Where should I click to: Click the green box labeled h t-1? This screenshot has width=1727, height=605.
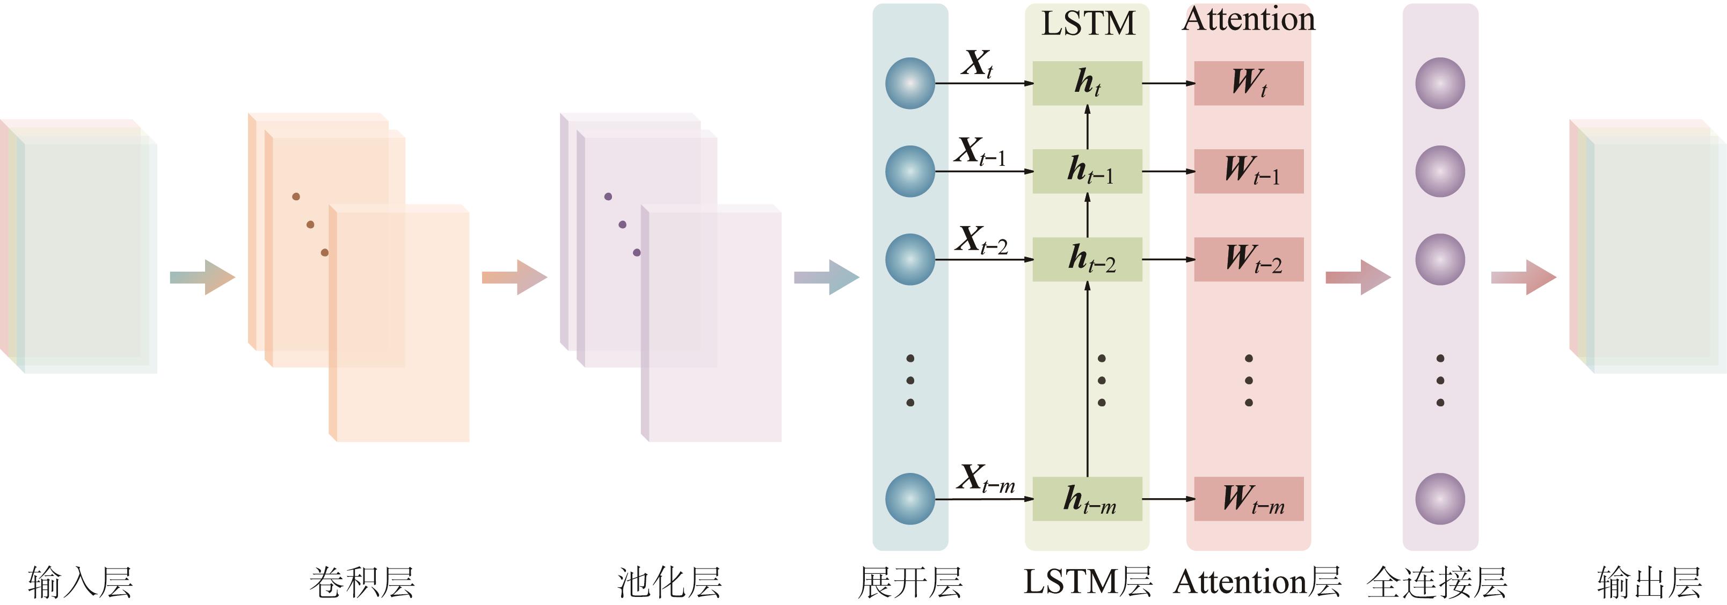point(1087,171)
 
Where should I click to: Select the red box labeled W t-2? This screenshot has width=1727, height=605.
point(1248,259)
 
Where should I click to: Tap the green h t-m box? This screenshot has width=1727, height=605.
point(1087,499)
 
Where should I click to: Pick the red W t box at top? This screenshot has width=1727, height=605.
point(1248,83)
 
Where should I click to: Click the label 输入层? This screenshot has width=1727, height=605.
point(81,581)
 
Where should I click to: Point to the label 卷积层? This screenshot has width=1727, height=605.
point(362,581)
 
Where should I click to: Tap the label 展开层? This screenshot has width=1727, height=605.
point(910,581)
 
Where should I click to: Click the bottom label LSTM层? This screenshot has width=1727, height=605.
point(1088,581)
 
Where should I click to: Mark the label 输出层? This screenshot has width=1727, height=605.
point(1650,581)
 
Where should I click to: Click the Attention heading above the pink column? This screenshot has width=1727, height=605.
point(1248,19)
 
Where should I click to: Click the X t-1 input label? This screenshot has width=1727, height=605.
point(980,151)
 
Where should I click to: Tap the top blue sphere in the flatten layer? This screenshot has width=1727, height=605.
point(910,83)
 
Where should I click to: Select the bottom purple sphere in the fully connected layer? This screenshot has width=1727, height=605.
point(1439,499)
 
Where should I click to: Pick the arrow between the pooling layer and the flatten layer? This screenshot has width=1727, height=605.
point(827,277)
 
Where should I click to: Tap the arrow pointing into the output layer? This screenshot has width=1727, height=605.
point(1523,277)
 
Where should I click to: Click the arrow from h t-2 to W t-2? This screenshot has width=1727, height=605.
point(1168,259)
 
